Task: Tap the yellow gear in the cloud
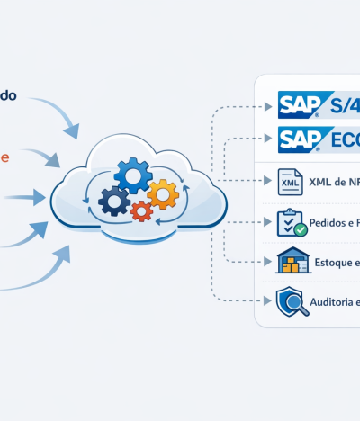click(163, 193)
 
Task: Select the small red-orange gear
click(141, 211)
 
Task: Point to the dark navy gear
click(114, 201)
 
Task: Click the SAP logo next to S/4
click(304, 105)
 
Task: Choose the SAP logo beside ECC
click(304, 140)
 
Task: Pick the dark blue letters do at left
click(7, 94)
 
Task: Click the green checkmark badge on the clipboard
click(300, 229)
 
